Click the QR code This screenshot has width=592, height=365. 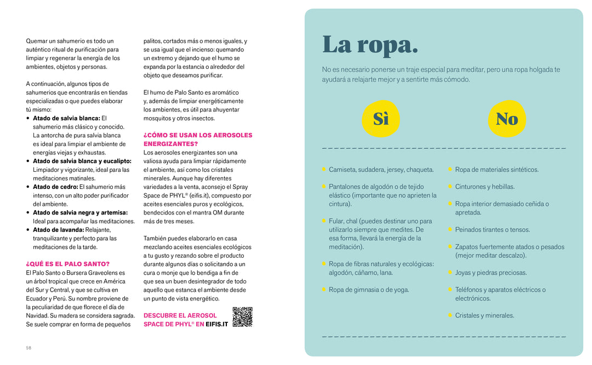point(242,317)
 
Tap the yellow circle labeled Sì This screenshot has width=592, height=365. point(380,119)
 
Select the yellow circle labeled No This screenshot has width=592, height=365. point(506,119)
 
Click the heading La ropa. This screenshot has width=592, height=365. point(370,45)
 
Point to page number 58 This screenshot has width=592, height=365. point(29,348)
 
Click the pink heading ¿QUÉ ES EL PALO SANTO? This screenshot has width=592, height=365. point(67,264)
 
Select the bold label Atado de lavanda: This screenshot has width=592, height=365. point(59,230)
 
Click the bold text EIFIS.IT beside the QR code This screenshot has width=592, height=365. point(217,324)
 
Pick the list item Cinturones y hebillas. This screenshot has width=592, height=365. point(485,187)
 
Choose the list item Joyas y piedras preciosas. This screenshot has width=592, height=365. point(491,273)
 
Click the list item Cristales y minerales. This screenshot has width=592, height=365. point(485,315)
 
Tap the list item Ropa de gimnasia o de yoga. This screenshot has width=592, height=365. point(368,289)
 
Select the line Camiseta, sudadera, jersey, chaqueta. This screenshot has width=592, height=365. point(381,170)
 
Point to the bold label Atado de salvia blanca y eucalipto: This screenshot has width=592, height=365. point(82,161)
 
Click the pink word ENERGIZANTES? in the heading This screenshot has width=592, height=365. point(170,144)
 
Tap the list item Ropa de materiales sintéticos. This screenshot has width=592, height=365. point(497,170)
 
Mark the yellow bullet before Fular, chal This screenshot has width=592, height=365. point(324,221)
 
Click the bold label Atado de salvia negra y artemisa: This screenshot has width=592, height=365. point(80,212)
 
